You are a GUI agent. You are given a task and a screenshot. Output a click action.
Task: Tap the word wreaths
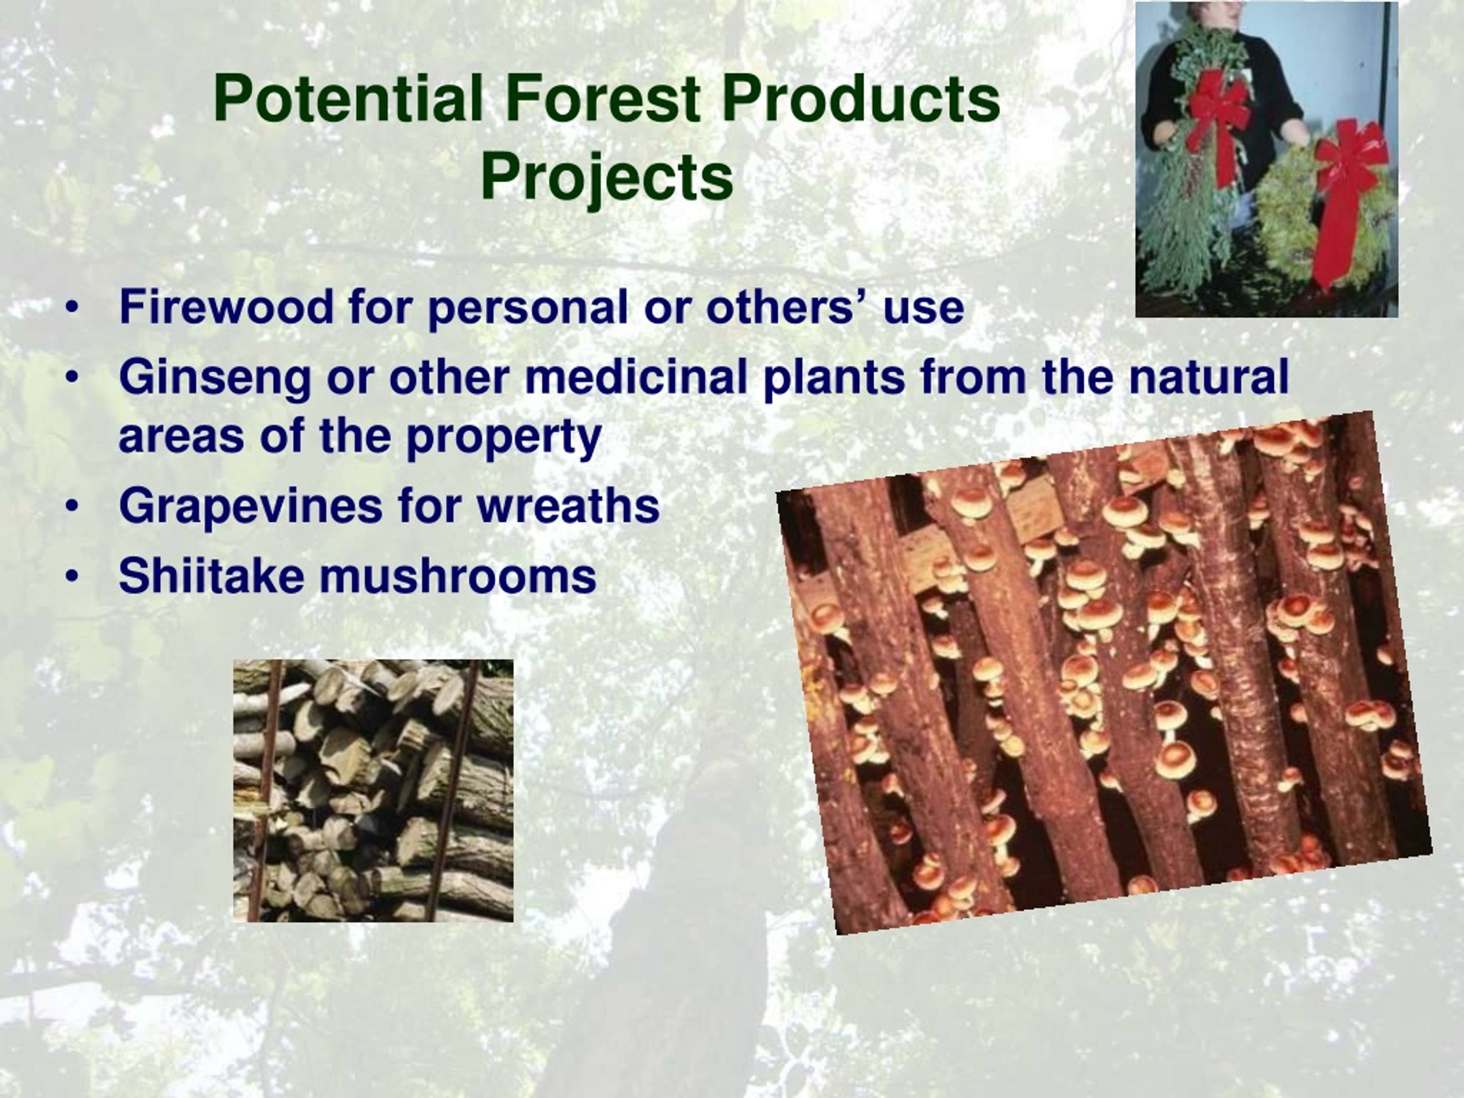(x=568, y=506)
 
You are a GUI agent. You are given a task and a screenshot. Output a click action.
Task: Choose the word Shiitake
(x=212, y=575)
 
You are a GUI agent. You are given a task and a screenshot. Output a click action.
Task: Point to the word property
(x=504, y=438)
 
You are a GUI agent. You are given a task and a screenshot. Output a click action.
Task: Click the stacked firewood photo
(x=373, y=790)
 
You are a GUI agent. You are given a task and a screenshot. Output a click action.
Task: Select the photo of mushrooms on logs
(x=1104, y=673)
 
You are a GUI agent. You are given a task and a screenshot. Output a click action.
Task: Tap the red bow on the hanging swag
(x=1218, y=113)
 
